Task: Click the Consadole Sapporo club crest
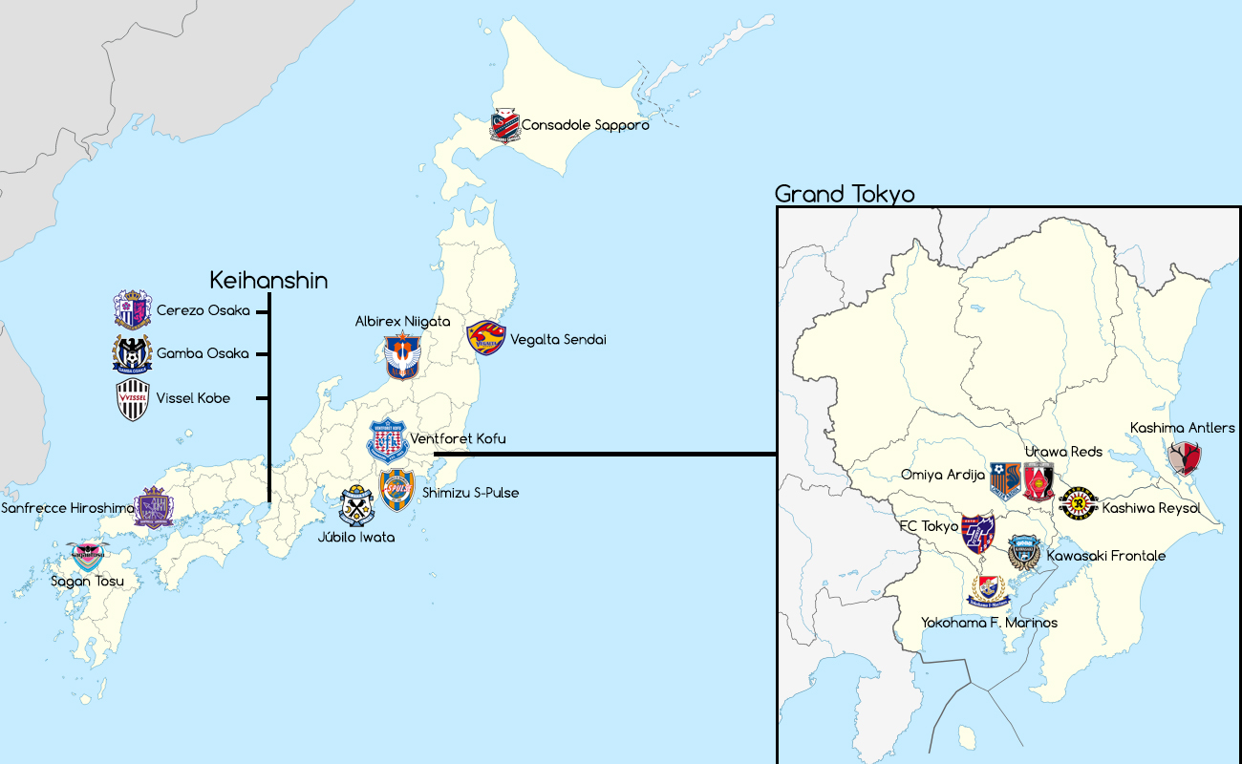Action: pos(503,125)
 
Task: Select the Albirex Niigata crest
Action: pos(402,356)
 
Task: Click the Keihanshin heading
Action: pos(268,280)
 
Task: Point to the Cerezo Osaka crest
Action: pos(132,309)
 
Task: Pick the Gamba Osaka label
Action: pos(203,353)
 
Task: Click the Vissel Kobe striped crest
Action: pos(132,399)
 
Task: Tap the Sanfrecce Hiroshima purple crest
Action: pos(153,508)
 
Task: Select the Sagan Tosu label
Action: pos(88,581)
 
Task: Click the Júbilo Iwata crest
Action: pos(356,507)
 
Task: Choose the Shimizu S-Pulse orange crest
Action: pos(396,489)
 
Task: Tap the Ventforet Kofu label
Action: pos(458,439)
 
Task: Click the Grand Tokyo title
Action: pos(844,194)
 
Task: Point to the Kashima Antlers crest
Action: pos(1185,459)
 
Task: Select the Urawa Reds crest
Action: pos(1039,482)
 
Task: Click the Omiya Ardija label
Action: pos(943,475)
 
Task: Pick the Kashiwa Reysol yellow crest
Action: pos(1078,502)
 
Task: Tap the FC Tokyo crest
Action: pos(977,532)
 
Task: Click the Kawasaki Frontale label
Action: pos(1105,556)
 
